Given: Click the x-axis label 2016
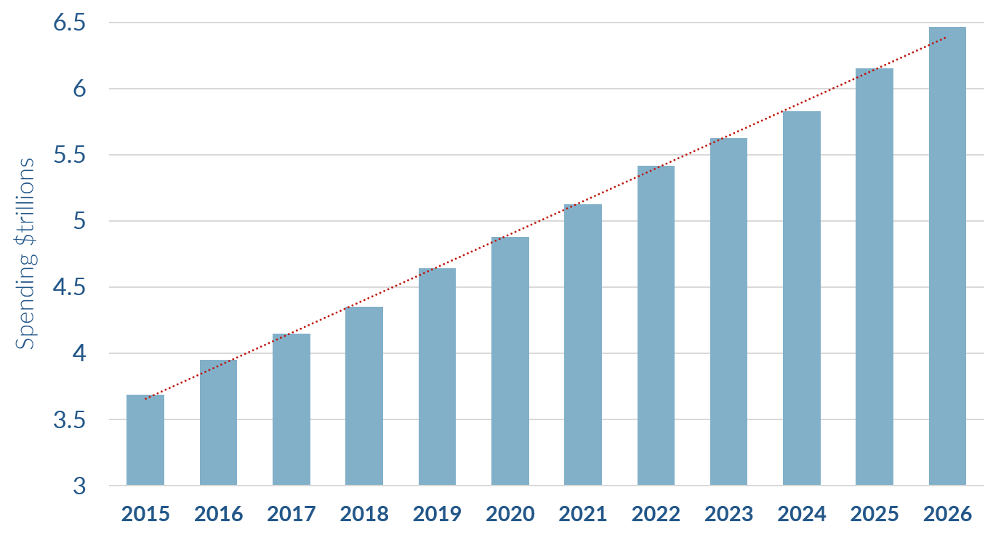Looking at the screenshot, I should coord(219,515).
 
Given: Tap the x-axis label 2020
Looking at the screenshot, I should coord(510,515).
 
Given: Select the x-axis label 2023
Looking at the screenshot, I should coord(729,515).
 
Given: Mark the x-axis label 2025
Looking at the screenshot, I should coord(875,515).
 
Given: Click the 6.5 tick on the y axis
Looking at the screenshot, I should coord(70,23).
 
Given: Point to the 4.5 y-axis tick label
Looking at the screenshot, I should coord(70,287).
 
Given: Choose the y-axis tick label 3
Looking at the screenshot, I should coord(80,486).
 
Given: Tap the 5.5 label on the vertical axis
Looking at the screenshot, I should coord(70,155).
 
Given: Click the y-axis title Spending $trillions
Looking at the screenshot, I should coord(26,253).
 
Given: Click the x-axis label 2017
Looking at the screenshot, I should coord(292,515).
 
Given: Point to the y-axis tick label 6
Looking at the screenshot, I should coord(80,89).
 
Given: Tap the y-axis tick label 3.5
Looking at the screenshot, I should coord(70,419).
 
